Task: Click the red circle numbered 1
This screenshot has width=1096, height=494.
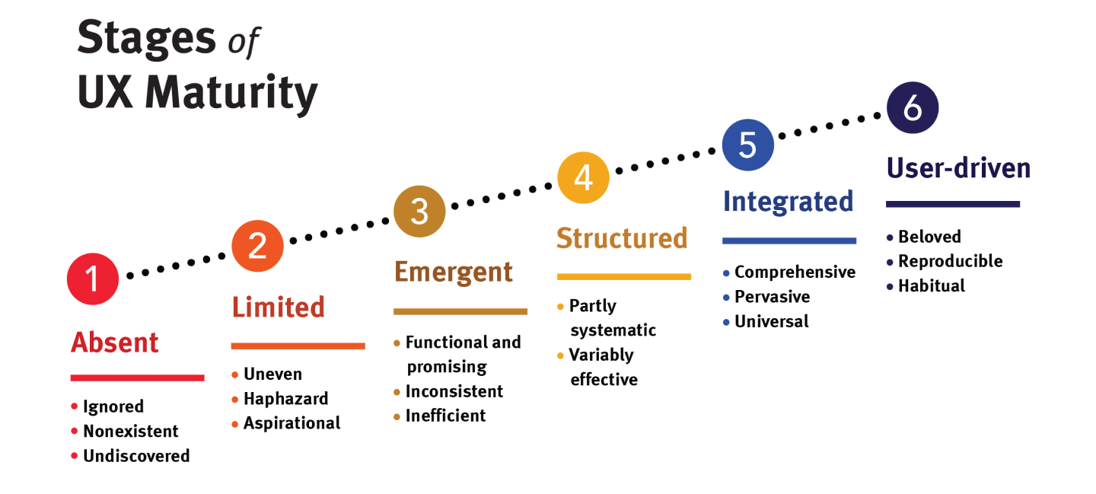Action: tap(93, 279)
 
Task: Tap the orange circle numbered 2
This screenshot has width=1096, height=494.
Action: tap(257, 246)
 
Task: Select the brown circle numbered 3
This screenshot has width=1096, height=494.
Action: tap(419, 211)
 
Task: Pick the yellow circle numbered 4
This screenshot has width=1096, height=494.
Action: tap(583, 177)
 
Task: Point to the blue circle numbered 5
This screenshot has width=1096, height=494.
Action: tap(747, 145)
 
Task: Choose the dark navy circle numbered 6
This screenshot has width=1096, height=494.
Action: tap(913, 109)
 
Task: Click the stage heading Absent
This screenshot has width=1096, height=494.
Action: tap(115, 343)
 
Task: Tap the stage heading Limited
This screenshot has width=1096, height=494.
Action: tap(278, 308)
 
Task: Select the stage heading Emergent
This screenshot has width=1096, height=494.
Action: tap(454, 272)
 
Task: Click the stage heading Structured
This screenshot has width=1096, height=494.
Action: tap(622, 238)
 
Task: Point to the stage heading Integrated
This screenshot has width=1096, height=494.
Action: tap(788, 202)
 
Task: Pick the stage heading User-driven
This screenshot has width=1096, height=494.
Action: tap(958, 168)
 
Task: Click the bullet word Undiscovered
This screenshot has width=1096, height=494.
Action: tap(136, 456)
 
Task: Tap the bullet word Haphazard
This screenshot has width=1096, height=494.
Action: tap(285, 399)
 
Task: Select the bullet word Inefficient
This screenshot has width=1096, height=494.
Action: tap(445, 416)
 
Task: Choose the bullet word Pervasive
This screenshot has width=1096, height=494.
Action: tap(772, 297)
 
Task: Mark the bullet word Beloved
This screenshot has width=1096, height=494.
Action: tap(929, 237)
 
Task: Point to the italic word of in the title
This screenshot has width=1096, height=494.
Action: tap(244, 43)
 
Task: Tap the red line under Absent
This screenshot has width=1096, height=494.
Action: tap(137, 378)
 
